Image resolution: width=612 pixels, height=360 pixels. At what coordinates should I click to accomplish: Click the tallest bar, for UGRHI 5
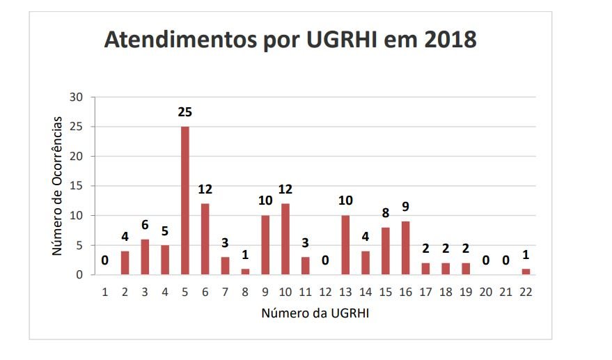185,201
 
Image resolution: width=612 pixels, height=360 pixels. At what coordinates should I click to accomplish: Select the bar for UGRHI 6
205,239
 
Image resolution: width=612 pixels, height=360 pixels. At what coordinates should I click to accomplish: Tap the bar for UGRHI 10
285,239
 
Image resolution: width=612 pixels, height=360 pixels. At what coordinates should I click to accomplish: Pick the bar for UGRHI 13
345,245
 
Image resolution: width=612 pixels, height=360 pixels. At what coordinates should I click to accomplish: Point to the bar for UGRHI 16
405,248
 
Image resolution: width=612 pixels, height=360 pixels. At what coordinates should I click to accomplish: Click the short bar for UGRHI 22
526,272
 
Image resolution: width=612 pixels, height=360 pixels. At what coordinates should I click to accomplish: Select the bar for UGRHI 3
145,257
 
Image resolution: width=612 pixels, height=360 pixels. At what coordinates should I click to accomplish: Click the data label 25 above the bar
185,112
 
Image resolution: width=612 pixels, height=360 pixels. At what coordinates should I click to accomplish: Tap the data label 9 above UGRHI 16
405,207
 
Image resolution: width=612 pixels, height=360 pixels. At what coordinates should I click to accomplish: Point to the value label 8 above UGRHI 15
385,213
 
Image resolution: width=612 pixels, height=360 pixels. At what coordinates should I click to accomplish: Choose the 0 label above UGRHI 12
325,260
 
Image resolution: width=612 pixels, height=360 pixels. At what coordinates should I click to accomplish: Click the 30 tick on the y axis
77,97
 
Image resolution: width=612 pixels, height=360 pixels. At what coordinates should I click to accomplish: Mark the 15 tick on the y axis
77,186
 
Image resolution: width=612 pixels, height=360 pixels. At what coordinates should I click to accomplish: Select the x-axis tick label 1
105,292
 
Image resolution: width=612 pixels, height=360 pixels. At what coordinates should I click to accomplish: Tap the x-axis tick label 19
466,292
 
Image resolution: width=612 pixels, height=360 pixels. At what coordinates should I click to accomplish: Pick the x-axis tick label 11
305,292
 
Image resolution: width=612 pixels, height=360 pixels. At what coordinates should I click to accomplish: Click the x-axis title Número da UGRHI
315,313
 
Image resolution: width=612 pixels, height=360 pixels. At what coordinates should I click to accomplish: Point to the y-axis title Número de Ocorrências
58,186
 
